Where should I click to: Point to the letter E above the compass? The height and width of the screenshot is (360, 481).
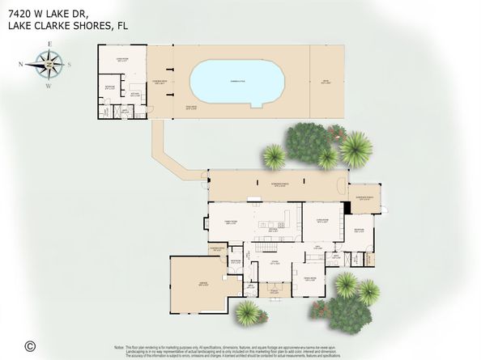(50, 44)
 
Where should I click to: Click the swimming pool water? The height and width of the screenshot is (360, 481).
(235, 81)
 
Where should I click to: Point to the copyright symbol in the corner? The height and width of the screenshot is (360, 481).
(30, 345)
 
